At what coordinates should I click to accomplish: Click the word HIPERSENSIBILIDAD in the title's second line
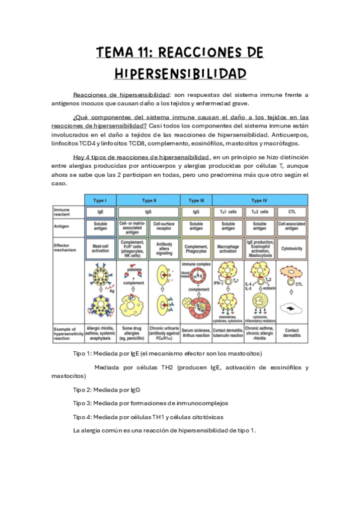(x=180, y=74)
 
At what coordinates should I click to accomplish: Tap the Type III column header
(x=196, y=199)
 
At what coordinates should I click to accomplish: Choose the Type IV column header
(x=260, y=199)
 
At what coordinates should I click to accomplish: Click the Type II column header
(x=148, y=199)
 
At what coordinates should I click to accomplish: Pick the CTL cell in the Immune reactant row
(x=291, y=212)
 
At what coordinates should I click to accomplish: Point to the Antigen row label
(x=63, y=225)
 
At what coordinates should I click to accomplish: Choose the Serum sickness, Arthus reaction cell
(x=196, y=332)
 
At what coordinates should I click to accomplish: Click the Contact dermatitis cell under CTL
(x=291, y=332)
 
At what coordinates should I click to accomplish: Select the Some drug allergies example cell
(x=132, y=332)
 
